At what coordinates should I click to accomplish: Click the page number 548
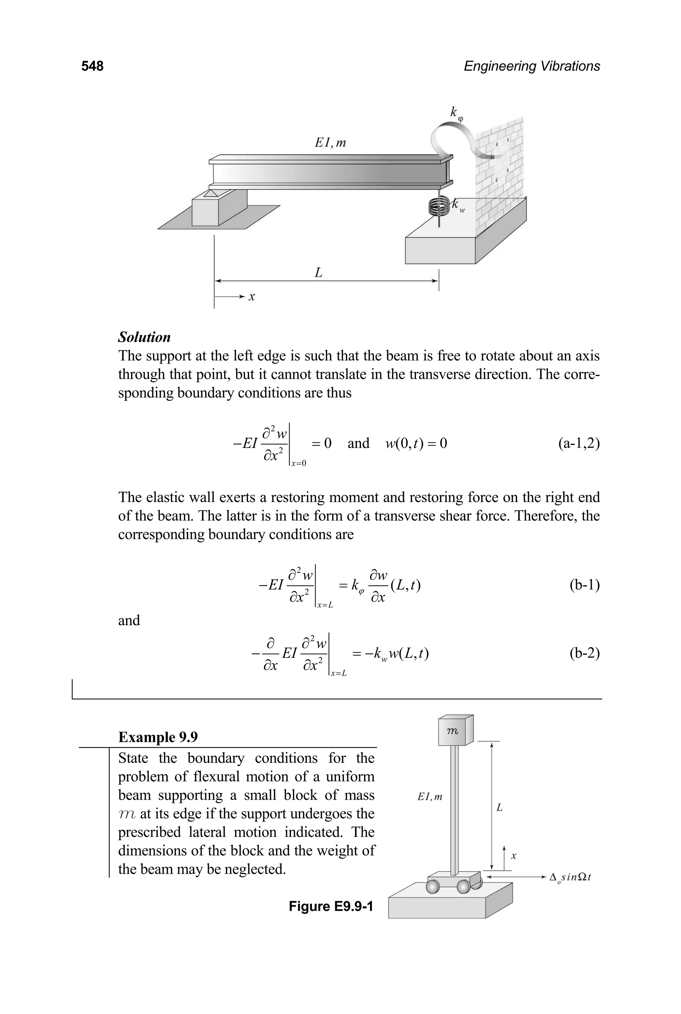(x=92, y=66)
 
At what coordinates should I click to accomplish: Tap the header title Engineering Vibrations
(x=532, y=66)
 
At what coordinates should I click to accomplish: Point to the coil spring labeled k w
(x=439, y=207)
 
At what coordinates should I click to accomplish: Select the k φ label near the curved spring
(x=456, y=114)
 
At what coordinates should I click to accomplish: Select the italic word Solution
(x=144, y=337)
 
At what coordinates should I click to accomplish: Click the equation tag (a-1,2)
(x=579, y=443)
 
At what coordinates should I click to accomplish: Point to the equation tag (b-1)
(x=584, y=585)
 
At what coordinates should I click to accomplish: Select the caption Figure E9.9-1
(x=331, y=906)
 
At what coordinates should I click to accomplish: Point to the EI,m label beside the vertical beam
(x=430, y=797)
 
